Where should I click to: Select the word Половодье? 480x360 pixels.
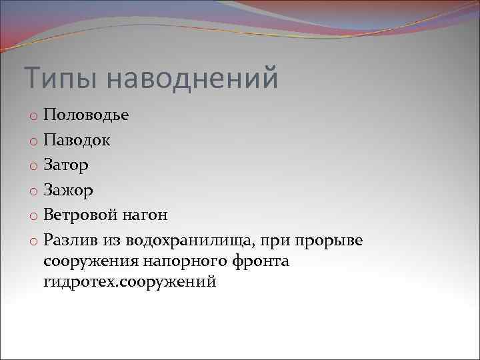pyautogui.click(x=87, y=115)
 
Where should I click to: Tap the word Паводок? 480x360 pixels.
pyautogui.click(x=77, y=140)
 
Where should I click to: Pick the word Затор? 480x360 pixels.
pyautogui.click(x=66, y=165)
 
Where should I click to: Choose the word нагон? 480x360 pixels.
pyautogui.click(x=147, y=215)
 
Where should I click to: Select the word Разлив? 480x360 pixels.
pyautogui.click(x=71, y=239)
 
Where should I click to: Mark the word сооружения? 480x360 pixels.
pyautogui.click(x=88, y=261)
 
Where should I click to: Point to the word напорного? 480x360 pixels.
pyautogui.click(x=175, y=261)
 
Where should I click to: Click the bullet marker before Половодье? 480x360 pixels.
pyautogui.click(x=33, y=117)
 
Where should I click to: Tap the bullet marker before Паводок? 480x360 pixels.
pyautogui.click(x=33, y=141)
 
